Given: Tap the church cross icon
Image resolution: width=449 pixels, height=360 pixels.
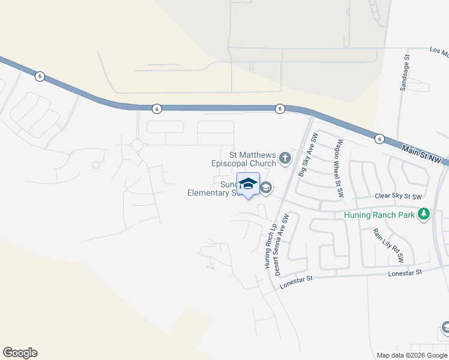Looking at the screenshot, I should pyautogui.click(x=285, y=159).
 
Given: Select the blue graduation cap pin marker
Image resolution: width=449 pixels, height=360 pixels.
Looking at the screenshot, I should pyautogui.click(x=249, y=184).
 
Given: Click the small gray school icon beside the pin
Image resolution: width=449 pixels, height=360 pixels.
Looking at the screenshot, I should pyautogui.click(x=266, y=188).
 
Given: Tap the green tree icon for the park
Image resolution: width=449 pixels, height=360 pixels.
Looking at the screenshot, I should pyautogui.click(x=424, y=214).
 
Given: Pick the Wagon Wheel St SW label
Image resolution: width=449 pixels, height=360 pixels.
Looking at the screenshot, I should pyautogui.click(x=340, y=169).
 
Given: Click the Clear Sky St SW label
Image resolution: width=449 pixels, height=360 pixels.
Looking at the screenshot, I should pyautogui.click(x=398, y=197).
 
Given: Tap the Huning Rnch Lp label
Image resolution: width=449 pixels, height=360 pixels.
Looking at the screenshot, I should pyautogui.click(x=268, y=246).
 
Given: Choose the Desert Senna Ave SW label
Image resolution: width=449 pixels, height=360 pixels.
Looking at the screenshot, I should pyautogui.click(x=281, y=245).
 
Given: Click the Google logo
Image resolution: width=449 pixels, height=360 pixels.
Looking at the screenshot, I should pyautogui.click(x=20, y=353).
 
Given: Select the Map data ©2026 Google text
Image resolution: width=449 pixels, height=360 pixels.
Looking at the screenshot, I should pyautogui.click(x=412, y=355).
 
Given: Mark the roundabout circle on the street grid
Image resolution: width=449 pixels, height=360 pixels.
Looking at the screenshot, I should pyautogui.click(x=137, y=145).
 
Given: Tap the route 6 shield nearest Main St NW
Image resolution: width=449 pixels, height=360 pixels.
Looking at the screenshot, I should pyautogui.click(x=379, y=139).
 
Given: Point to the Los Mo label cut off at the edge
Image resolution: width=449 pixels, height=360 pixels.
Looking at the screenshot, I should pyautogui.click(x=439, y=52).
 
